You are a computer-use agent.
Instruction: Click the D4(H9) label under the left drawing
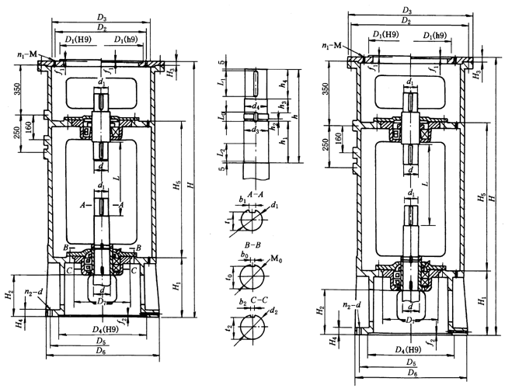click(97, 331)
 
